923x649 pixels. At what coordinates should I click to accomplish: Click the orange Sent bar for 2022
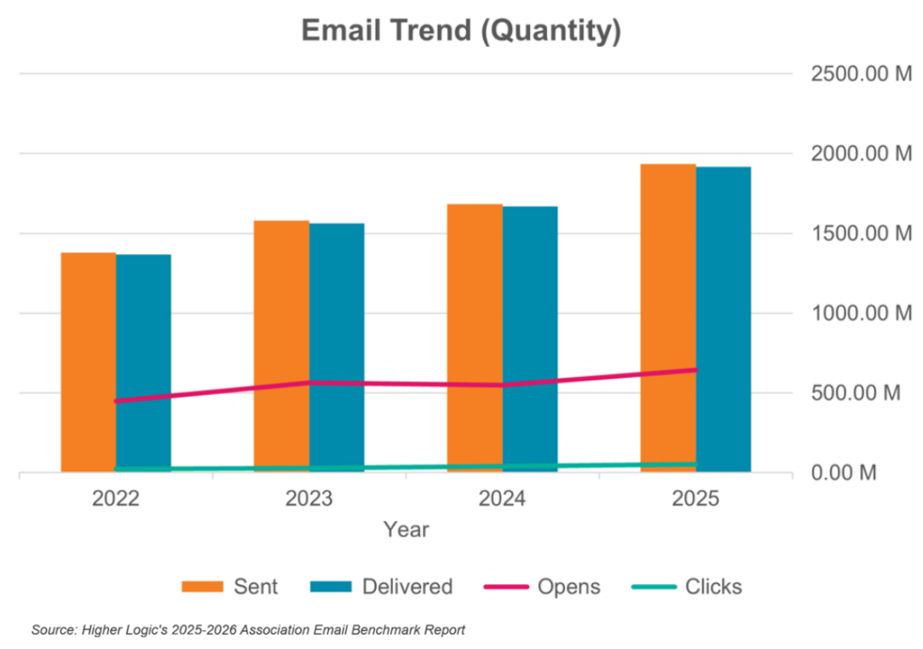[x=88, y=361]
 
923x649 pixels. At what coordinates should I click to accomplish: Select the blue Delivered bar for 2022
[x=144, y=361]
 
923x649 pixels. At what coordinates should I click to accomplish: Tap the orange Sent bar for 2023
[x=281, y=343]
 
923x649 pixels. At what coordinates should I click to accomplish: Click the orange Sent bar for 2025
[x=668, y=315]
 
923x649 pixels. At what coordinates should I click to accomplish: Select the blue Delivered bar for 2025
[x=724, y=315]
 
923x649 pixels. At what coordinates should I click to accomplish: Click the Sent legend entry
[x=230, y=587]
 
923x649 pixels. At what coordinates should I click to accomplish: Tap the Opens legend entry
[x=542, y=587]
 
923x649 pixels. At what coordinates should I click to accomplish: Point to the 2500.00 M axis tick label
[x=862, y=75]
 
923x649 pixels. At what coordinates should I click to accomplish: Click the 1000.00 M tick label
[x=862, y=314]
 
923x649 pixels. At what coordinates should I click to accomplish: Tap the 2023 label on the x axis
[x=309, y=498]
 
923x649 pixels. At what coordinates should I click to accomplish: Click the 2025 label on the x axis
[x=696, y=498]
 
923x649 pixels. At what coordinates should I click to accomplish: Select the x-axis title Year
[x=406, y=529]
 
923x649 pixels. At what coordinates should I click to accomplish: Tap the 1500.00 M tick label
[x=862, y=234]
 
